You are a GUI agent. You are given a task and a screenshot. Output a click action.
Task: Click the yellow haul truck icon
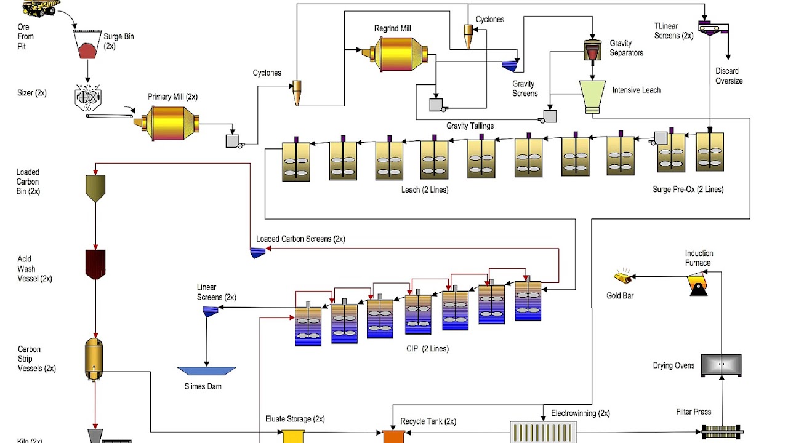pos(39,7)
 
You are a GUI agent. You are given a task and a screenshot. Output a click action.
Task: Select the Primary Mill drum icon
pos(165,122)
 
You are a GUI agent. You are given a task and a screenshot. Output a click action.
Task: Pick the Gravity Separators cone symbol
pos(592,51)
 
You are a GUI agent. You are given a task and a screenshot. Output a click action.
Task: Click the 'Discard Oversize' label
pos(728,76)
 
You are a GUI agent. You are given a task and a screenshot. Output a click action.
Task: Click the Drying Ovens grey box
pos(722,365)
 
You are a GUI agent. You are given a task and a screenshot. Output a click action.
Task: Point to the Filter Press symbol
pos(722,432)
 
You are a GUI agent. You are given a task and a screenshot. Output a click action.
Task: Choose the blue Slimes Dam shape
pos(206,371)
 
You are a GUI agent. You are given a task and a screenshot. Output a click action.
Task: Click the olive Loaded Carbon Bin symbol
pos(95,188)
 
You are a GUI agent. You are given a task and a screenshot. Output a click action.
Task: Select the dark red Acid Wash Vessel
pos(95,264)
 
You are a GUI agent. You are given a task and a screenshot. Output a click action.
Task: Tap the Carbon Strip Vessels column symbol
pos(94,357)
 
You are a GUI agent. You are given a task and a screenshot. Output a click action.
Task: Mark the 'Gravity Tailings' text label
pos(470,126)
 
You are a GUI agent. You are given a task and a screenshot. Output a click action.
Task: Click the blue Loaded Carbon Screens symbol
pos(257,252)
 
